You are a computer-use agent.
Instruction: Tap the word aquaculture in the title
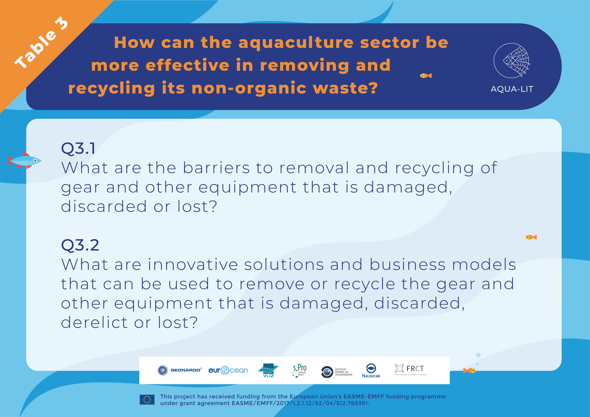296,43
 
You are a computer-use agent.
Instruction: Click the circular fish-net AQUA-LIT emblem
512,61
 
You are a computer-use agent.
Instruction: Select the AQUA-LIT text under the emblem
512,89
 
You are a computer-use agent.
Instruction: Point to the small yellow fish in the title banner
426,76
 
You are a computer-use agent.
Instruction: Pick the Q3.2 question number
80,245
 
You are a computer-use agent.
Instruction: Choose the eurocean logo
228,370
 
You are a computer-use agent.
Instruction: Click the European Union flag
147,400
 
